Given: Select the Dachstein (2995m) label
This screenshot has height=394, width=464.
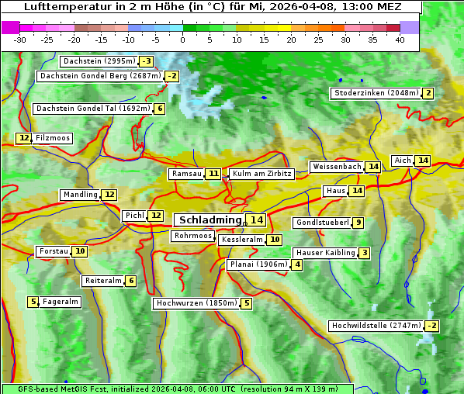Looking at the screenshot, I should pyautogui.click(x=99, y=61).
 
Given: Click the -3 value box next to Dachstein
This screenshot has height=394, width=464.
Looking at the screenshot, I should pyautogui.click(x=146, y=61).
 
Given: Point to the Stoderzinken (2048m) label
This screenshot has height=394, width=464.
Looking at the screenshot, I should pyautogui.click(x=376, y=93).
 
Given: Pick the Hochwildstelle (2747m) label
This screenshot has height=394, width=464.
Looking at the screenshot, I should pyautogui.click(x=376, y=326).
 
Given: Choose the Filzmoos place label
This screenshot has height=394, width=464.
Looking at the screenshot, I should pyautogui.click(x=52, y=138).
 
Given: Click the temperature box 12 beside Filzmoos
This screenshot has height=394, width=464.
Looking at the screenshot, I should pyautogui.click(x=24, y=138).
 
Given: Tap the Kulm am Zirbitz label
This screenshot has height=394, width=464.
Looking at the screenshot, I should pyautogui.click(x=261, y=174).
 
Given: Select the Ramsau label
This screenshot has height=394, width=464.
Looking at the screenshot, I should pyautogui.click(x=186, y=174).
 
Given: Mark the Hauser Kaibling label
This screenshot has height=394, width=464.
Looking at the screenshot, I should pyautogui.click(x=325, y=253).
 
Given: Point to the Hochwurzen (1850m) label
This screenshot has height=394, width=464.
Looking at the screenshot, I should pyautogui.click(x=195, y=303).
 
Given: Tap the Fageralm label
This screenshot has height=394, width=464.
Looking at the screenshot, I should pyautogui.click(x=61, y=302).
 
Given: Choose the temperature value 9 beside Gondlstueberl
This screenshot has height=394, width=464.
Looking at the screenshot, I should pyautogui.click(x=357, y=223).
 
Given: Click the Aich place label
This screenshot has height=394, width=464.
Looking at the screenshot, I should pyautogui.click(x=403, y=161).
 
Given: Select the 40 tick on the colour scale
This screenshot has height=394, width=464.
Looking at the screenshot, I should pyautogui.click(x=400, y=39).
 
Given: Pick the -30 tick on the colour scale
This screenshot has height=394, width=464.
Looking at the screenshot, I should pyautogui.click(x=20, y=39).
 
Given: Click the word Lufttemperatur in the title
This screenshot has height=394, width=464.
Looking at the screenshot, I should pyautogui.click(x=60, y=6).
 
